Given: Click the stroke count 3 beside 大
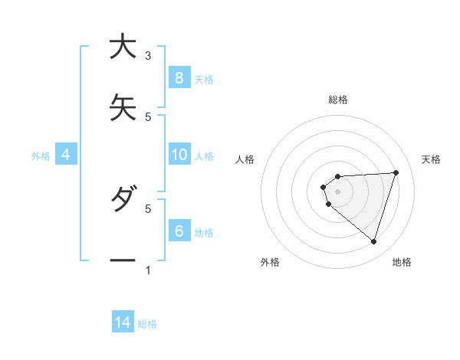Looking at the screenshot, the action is click(x=148, y=55).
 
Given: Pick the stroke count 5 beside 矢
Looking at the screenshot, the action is click(x=148, y=116).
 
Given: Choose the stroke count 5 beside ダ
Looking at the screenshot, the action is click(x=148, y=208).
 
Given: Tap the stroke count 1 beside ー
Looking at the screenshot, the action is click(x=148, y=270).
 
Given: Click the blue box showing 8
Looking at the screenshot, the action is click(x=179, y=78).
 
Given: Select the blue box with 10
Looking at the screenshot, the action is click(x=179, y=155).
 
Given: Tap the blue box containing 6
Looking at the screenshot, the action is click(x=179, y=231).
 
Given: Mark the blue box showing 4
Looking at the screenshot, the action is click(x=66, y=155).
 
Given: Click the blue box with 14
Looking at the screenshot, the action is click(x=123, y=323).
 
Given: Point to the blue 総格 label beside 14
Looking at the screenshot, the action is click(x=147, y=324).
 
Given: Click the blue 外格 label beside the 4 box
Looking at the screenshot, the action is click(x=41, y=156).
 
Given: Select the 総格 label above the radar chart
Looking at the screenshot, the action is click(x=338, y=100).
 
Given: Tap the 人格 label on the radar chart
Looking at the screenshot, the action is click(x=245, y=159).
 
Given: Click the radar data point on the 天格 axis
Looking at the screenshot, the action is click(x=396, y=172).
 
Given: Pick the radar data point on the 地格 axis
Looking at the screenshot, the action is click(x=374, y=242).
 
